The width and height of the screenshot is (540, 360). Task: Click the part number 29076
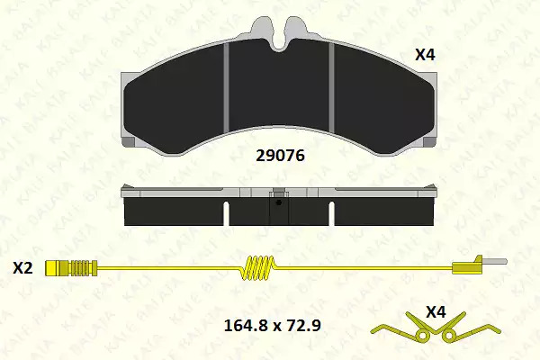tap(280, 156)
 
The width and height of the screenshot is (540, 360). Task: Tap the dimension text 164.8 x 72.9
tap(273, 325)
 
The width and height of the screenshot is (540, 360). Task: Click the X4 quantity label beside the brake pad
tap(425, 55)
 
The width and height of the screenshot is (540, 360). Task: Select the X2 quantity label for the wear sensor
tap(22, 268)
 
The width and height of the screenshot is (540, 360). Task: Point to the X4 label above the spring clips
tap(436, 312)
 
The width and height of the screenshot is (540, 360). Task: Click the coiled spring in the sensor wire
tap(258, 267)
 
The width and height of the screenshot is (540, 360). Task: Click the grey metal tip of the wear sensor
tap(494, 262)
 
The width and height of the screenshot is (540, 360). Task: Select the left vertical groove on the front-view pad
tap(226, 87)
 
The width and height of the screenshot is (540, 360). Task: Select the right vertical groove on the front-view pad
tap(331, 88)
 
